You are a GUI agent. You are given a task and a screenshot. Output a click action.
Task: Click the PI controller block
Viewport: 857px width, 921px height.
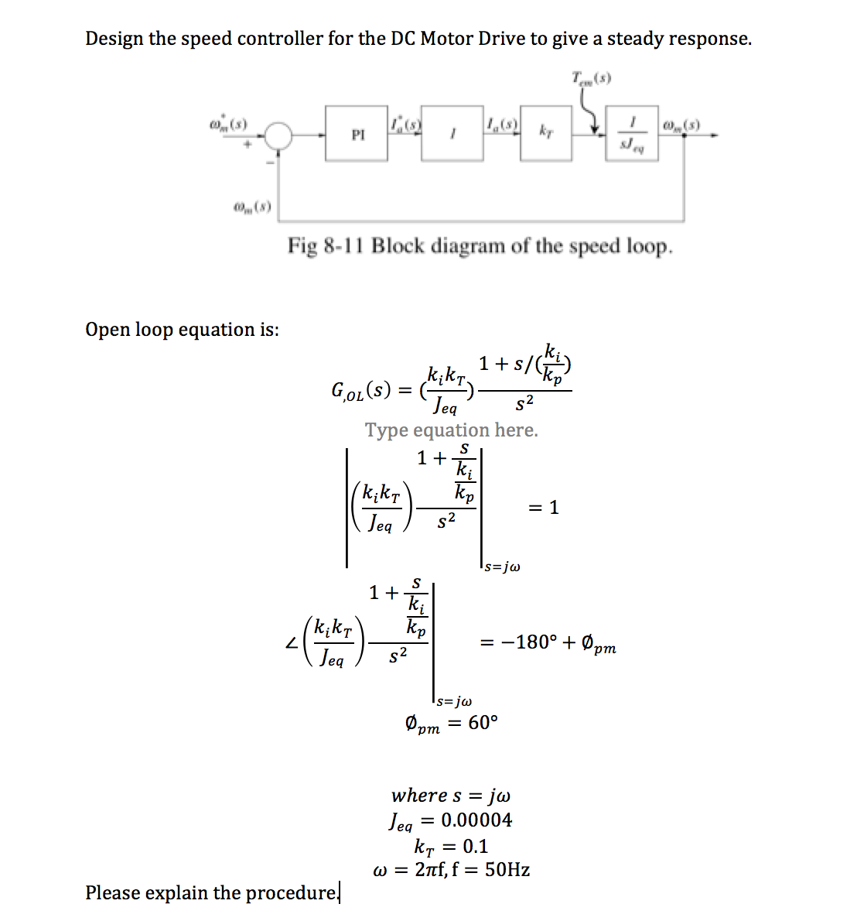[x=357, y=134]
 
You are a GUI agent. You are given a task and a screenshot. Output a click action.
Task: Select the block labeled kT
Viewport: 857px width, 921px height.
[x=546, y=133]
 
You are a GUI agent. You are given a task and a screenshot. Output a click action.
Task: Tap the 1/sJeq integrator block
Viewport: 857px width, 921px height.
[x=632, y=134]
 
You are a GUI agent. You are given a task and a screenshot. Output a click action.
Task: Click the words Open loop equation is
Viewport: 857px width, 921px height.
[x=183, y=330]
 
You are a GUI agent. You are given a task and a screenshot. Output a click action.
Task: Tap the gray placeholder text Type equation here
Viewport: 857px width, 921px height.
[x=451, y=430]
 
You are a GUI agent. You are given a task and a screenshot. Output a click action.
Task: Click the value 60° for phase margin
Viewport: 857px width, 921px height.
[x=483, y=723]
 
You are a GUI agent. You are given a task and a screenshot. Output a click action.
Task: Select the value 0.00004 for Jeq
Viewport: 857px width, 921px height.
[x=476, y=820]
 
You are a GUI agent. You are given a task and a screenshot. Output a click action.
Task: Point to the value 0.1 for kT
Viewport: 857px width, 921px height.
[x=475, y=846]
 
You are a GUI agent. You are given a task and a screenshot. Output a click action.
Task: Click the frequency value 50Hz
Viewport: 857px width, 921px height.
[x=507, y=870]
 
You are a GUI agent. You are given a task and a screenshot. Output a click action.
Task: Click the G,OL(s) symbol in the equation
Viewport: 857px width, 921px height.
[x=360, y=390]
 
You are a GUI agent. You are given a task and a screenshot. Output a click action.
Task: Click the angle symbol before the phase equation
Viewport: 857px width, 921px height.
[x=291, y=642]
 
